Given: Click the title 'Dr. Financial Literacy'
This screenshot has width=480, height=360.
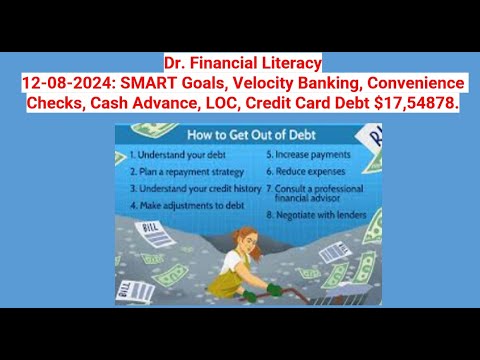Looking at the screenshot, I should click(x=239, y=62).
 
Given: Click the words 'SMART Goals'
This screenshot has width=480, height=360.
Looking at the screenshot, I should click(x=161, y=80).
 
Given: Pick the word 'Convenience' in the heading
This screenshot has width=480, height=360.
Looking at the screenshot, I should click(x=411, y=80).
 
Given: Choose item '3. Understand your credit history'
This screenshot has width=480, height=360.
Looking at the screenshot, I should click(x=196, y=188).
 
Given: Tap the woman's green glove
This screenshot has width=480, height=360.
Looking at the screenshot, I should click(x=273, y=289).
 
